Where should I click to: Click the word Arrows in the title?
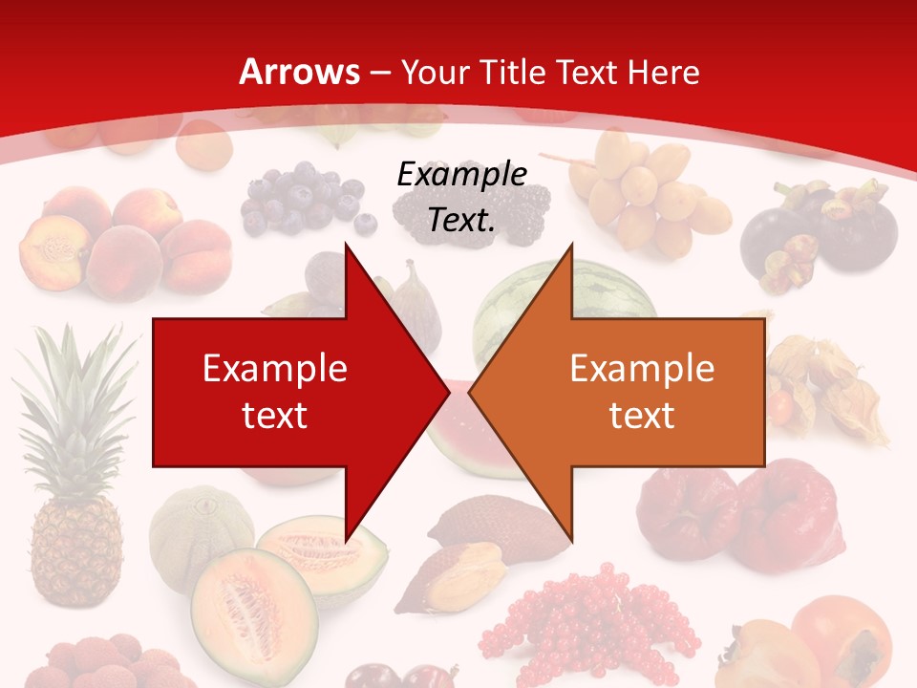click(300, 72)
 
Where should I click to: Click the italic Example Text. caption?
click(461, 197)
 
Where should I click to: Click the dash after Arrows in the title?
click(378, 74)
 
